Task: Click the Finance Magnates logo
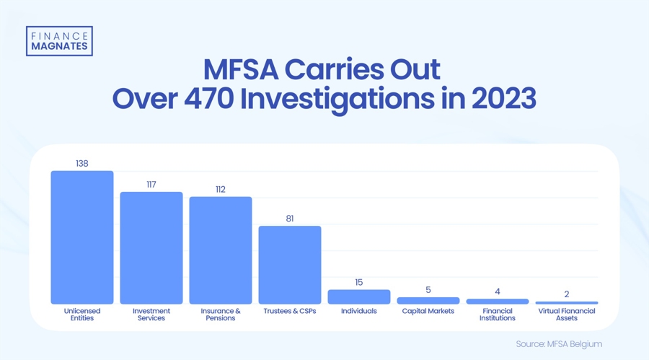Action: (x=59, y=41)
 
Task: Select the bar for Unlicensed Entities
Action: (x=82, y=237)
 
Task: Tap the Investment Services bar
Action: (x=151, y=248)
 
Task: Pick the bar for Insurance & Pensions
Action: (x=221, y=250)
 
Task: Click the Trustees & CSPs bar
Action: (x=290, y=265)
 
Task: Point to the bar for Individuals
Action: (x=359, y=297)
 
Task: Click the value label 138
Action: (x=82, y=164)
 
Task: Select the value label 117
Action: (x=151, y=185)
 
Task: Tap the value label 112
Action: (x=221, y=190)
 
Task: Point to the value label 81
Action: (x=290, y=219)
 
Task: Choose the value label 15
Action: (x=359, y=282)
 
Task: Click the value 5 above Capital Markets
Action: (x=428, y=290)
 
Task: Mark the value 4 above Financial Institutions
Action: (x=498, y=291)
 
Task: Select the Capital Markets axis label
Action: (x=428, y=312)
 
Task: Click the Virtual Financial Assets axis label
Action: (x=567, y=315)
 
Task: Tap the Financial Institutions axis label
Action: (x=498, y=315)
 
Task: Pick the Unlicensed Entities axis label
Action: (x=82, y=315)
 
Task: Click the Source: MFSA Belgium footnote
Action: (x=559, y=344)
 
